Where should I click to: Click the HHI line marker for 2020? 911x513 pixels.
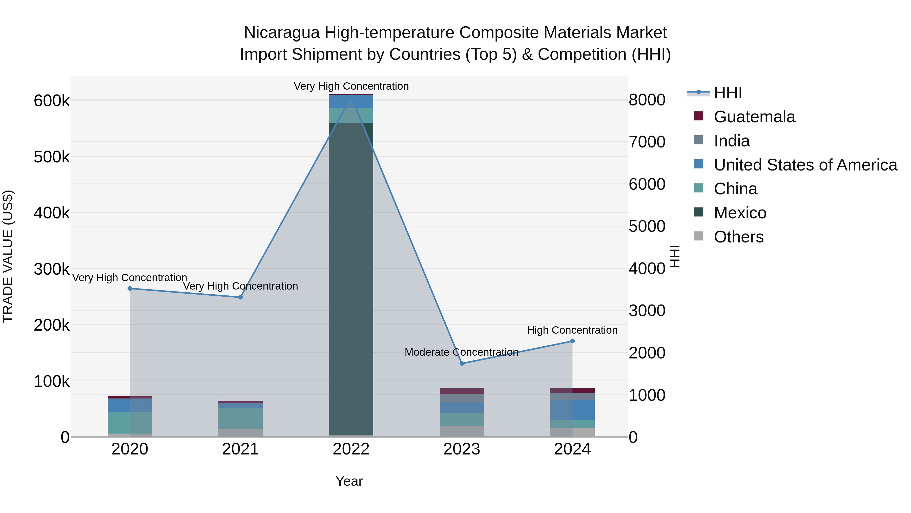pyautogui.click(x=130, y=289)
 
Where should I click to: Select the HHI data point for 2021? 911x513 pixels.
pyautogui.click(x=240, y=297)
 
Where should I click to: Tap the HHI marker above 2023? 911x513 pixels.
pyautogui.click(x=462, y=364)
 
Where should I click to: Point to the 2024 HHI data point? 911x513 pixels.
pyautogui.click(x=572, y=341)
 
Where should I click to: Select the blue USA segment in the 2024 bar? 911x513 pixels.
pyautogui.click(x=572, y=410)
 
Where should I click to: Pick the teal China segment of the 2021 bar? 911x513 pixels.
pyautogui.click(x=240, y=419)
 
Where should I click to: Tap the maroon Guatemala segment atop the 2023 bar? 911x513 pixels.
pyautogui.click(x=462, y=391)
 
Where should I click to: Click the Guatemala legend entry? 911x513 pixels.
pyautogui.click(x=754, y=117)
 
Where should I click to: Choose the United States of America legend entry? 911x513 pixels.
pyautogui.click(x=805, y=165)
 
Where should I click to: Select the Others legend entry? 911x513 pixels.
pyautogui.click(x=738, y=237)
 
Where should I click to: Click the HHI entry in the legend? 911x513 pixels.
pyautogui.click(x=728, y=93)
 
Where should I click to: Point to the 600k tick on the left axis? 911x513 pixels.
pyautogui.click(x=52, y=101)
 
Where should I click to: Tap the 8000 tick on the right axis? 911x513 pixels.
pyautogui.click(x=647, y=100)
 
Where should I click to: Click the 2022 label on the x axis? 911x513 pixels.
pyautogui.click(x=351, y=449)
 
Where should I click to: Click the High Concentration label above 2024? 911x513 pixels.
pyautogui.click(x=572, y=330)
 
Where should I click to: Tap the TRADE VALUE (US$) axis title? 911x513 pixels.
pyautogui.click(x=8, y=256)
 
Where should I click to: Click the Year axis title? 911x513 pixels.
pyautogui.click(x=349, y=481)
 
